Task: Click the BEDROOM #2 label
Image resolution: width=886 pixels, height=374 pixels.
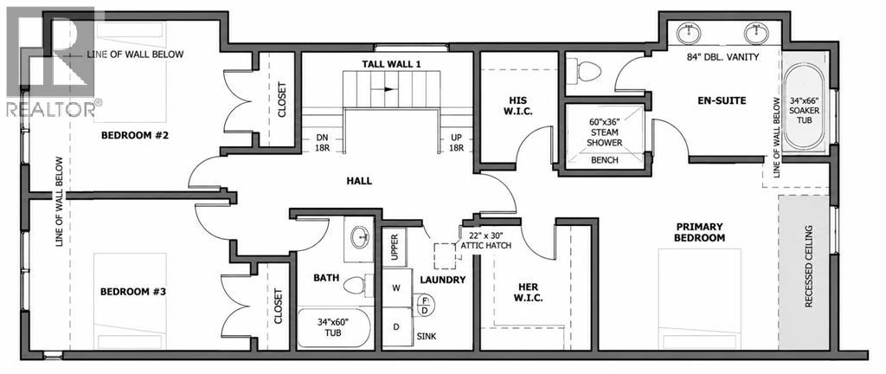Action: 136,136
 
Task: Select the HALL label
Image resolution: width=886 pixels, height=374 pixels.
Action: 359,181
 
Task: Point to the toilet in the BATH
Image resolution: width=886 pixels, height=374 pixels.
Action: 356,284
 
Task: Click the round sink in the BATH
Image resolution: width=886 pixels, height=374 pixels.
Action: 361,238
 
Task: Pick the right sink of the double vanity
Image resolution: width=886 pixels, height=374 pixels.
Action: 756,34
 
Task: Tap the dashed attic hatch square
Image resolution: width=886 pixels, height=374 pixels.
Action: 445,255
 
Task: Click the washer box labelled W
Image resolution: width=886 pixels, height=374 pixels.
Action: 396,287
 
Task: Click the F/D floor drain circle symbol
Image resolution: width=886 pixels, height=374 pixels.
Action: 424,305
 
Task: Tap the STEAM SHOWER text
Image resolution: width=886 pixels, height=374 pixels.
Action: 604,138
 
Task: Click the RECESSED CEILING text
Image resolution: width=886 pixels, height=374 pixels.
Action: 808,266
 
